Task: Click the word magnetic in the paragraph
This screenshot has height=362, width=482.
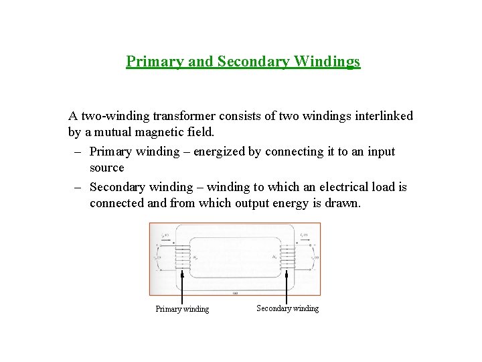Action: click(x=154, y=133)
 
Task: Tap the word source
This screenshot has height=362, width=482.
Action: click(x=107, y=168)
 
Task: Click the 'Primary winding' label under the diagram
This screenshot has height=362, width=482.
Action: click(x=182, y=309)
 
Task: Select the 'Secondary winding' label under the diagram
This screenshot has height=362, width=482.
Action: click(x=287, y=308)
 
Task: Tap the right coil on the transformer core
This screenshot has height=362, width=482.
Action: click(x=287, y=255)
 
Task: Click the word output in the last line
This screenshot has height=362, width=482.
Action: click(x=253, y=204)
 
